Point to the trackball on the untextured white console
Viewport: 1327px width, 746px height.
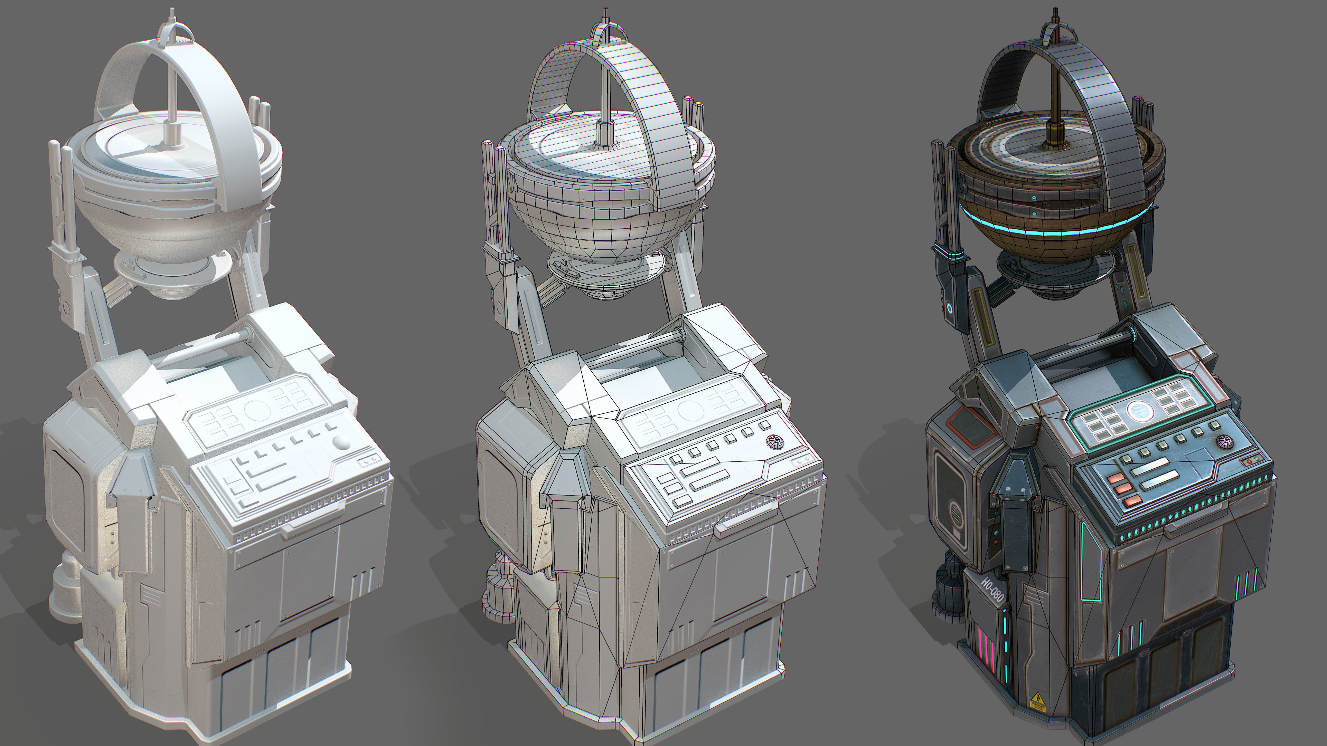pos(341,442)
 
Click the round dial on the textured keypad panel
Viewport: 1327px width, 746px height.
pos(1140,410)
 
